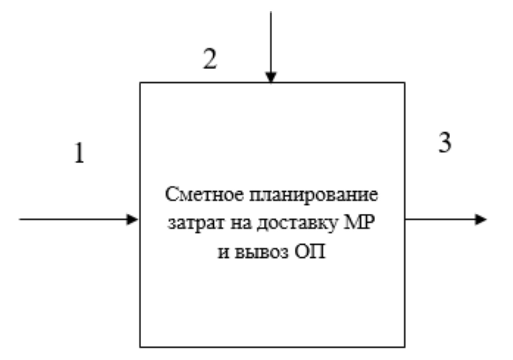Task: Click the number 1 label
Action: tap(79, 153)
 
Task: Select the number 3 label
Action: tap(445, 142)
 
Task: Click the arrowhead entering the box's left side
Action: tap(133, 219)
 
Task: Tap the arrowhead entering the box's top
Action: tap(271, 77)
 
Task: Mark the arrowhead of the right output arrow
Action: tap(481, 219)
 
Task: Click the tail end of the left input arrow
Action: tap(20, 219)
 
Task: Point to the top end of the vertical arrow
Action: tap(271, 13)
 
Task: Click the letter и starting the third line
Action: tap(223, 253)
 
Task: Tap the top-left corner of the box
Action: tap(140, 83)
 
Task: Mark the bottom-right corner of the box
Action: tap(405, 346)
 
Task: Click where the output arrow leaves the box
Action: tap(405, 219)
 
